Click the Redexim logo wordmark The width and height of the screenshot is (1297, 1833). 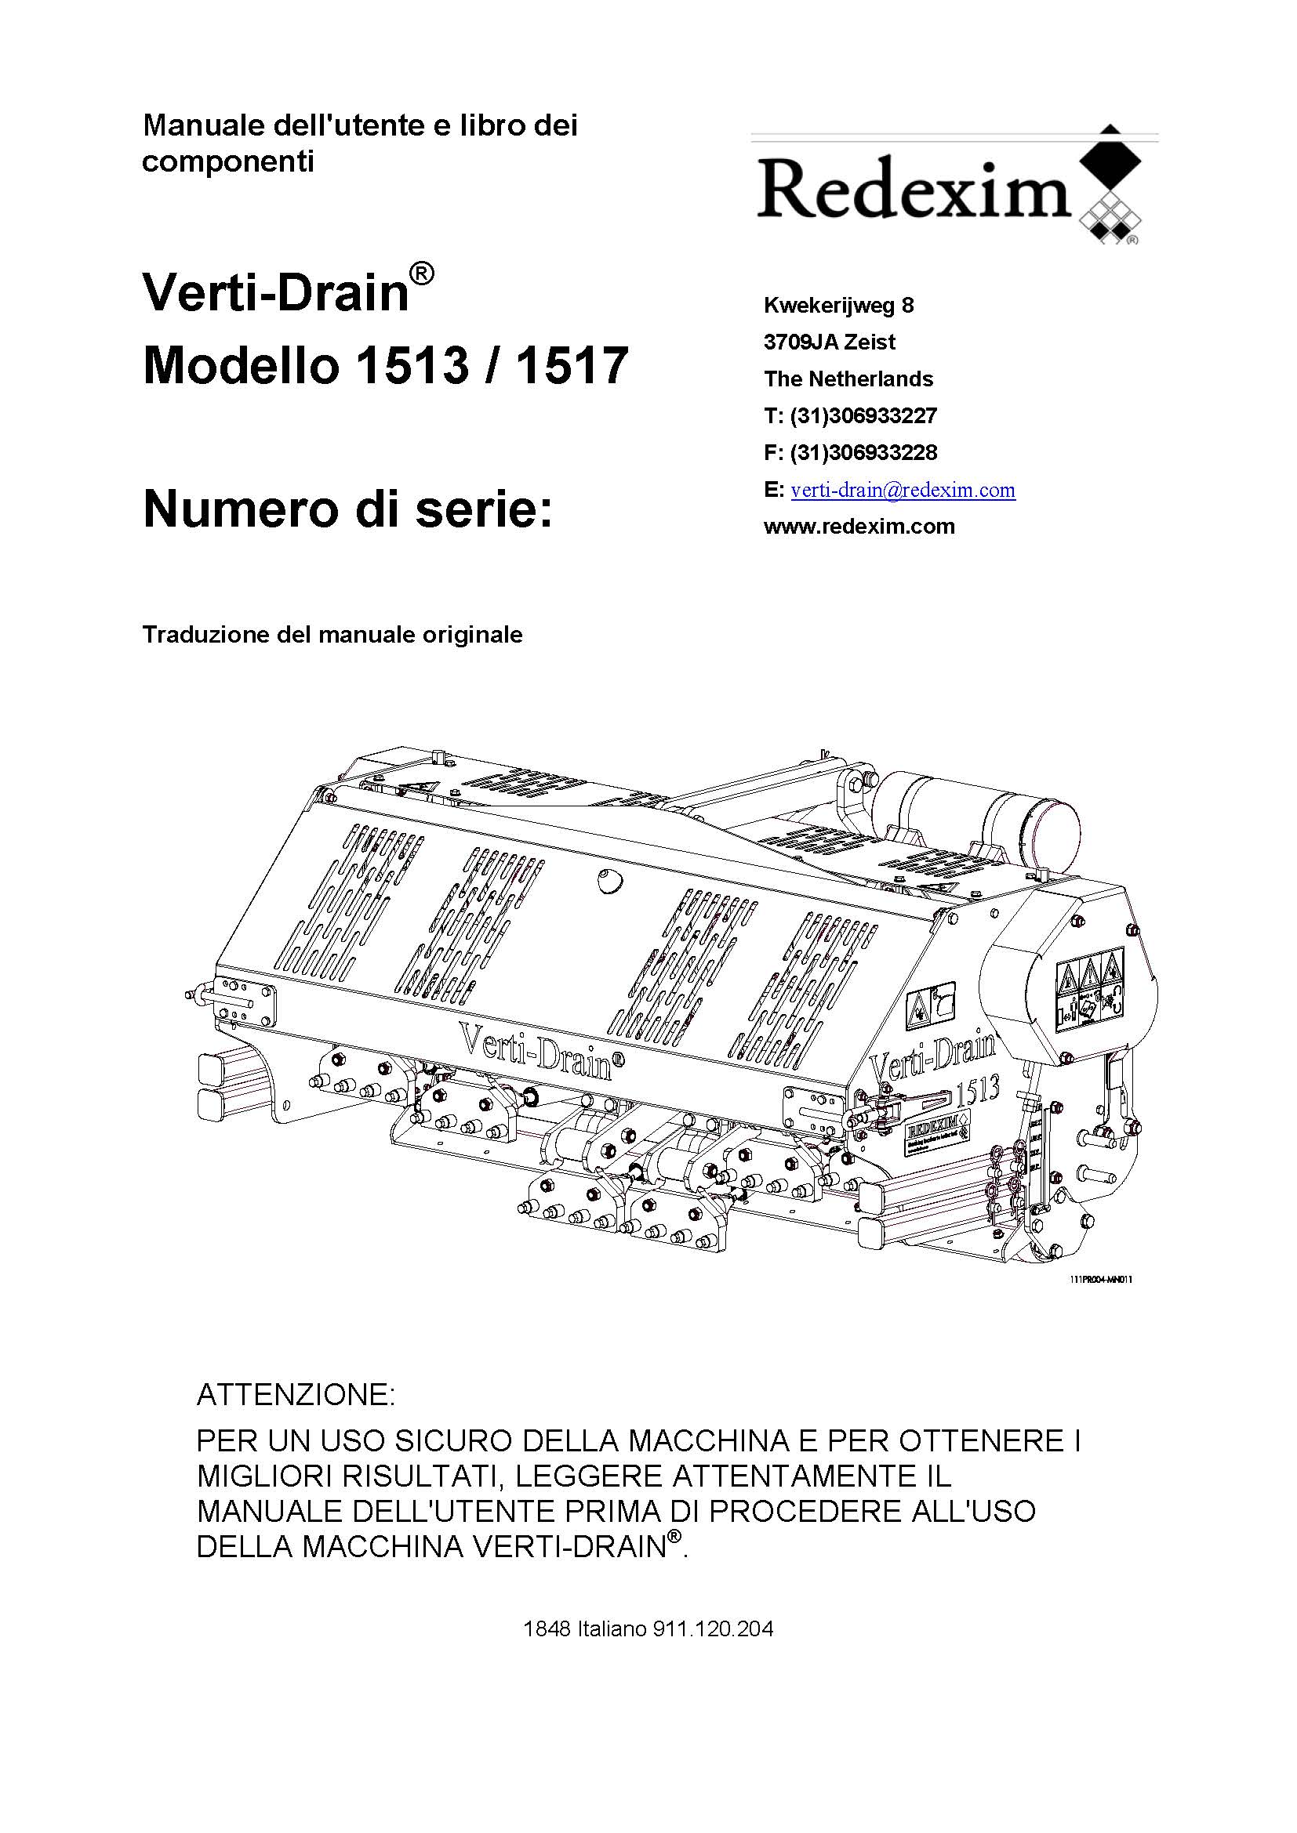pos(912,190)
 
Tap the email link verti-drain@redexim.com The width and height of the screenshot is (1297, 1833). pos(903,489)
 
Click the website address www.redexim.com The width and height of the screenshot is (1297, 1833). pos(859,527)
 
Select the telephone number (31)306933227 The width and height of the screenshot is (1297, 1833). pos(863,416)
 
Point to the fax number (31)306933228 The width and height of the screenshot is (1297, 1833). pos(863,453)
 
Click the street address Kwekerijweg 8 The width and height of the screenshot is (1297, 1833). pos(838,305)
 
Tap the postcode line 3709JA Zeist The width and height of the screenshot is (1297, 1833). pos(829,342)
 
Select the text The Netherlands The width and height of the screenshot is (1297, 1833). pos(848,379)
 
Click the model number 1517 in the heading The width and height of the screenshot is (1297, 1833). pos(572,366)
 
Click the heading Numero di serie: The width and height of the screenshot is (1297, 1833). pos(347,509)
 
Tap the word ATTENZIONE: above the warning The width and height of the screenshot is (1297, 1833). pos(296,1395)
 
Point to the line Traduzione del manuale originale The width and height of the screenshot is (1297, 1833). pos(332,635)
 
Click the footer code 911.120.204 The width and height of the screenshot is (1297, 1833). pos(713,1628)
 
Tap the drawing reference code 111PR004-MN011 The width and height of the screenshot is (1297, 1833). pos(1100,1280)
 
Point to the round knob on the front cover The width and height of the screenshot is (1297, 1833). pos(609,881)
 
